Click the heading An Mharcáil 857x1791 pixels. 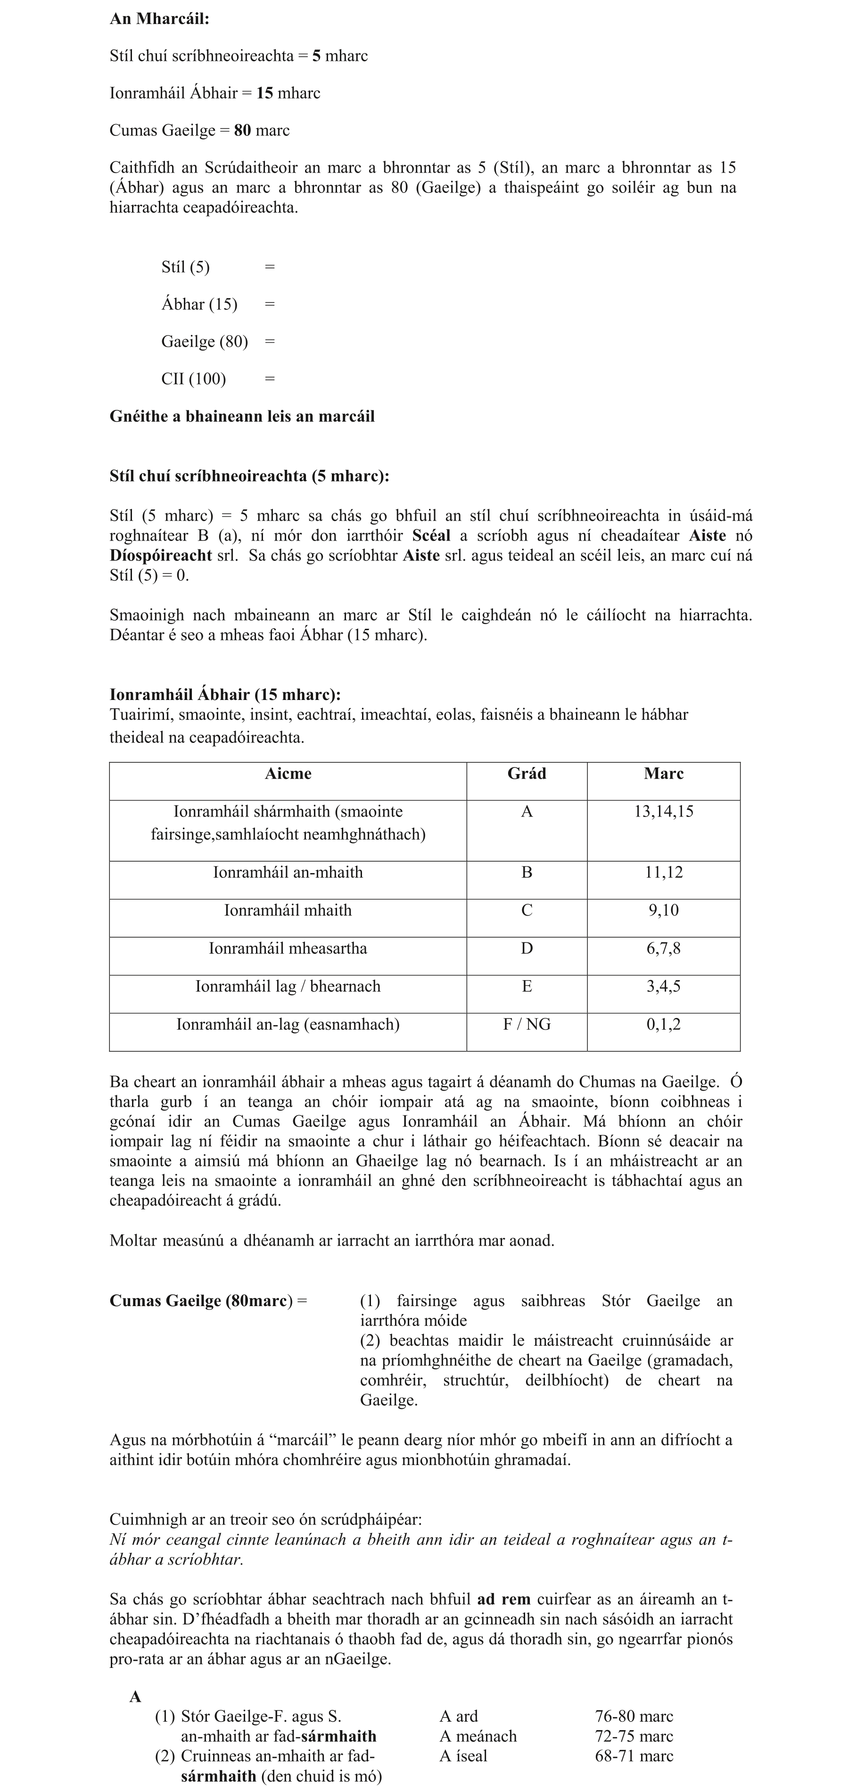pos(159,19)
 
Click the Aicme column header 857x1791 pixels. pos(288,774)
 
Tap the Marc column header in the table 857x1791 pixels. pos(663,774)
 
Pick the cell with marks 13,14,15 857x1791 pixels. pos(663,811)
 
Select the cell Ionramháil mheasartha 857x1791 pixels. pos(288,949)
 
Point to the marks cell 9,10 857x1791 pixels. pos(663,910)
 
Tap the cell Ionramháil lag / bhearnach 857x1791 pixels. pos(288,986)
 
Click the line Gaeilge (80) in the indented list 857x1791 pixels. pos(204,342)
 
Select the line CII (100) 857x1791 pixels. pos(193,379)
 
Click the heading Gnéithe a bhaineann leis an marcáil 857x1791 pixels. pos(242,417)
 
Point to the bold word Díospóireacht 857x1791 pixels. pos(161,556)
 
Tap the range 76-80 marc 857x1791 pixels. pos(634,1716)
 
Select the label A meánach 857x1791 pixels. pos(478,1736)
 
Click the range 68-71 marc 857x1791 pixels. pos(634,1756)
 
